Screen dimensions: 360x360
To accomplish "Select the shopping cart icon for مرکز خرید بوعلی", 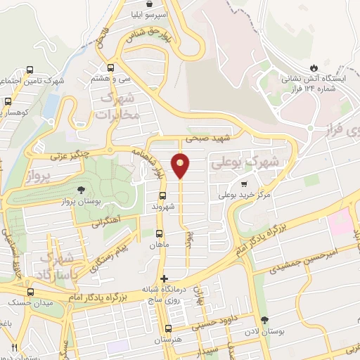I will point(244,184).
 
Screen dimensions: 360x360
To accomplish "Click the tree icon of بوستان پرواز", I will point(82,190).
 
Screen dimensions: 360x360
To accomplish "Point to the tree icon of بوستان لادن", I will point(265,320).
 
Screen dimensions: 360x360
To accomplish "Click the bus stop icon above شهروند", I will point(162,195).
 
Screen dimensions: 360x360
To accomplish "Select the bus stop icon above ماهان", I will point(158,233).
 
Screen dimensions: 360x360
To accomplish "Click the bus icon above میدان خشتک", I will point(30,291).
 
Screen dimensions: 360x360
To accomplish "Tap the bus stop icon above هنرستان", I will point(167,328).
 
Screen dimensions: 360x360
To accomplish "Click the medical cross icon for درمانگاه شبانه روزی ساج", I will point(164,278).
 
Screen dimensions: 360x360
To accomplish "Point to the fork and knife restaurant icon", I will point(14,347).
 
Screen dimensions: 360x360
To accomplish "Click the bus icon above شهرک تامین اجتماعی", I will point(30,70).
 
